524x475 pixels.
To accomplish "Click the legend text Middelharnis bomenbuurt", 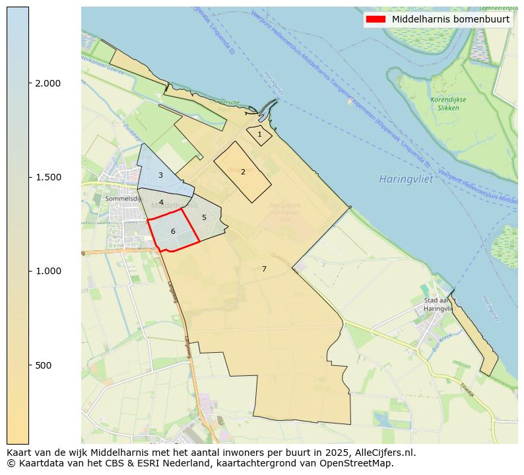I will tap(451, 19).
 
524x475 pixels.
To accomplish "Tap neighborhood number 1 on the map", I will tap(259, 134).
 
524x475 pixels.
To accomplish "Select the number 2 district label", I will tap(243, 172).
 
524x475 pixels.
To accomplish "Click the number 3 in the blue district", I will tap(160, 175).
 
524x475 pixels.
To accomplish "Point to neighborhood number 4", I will tap(161, 202).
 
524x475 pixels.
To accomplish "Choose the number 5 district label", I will tap(204, 217).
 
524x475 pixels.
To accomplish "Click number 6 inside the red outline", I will tap(173, 231).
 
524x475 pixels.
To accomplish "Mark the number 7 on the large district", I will tap(264, 269).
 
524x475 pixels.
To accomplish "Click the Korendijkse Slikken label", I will tap(448, 104).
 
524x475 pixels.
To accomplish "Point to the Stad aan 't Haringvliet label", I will tap(438, 305).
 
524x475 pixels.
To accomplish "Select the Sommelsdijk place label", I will tap(122, 198).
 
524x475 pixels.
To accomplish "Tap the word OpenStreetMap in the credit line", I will tap(359, 463).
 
